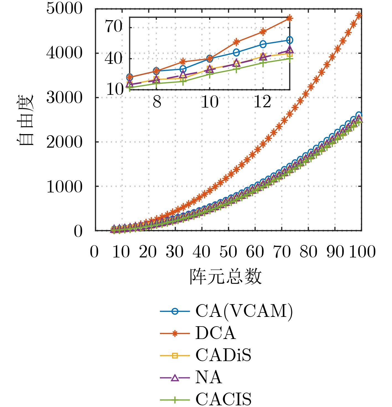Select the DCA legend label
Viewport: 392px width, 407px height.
pos(216,333)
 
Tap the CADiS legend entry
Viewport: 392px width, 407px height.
pos(223,355)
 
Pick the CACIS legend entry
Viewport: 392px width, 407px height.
pos(224,399)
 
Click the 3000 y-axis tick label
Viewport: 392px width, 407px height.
pos(64,97)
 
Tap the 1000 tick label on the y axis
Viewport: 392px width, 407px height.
pos(64,187)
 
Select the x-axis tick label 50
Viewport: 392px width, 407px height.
pos(228,252)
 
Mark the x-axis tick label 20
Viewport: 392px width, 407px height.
pos(148,252)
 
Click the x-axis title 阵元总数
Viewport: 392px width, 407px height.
pos(225,276)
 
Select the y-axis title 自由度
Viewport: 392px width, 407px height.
pos(25,119)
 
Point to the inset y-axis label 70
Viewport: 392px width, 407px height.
pos(114,27)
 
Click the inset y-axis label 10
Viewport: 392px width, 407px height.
pos(114,90)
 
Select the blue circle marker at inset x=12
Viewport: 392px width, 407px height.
pos(263,44)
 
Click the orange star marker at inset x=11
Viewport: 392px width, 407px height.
pos(236,42)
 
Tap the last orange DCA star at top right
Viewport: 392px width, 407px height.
pos(359,15)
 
